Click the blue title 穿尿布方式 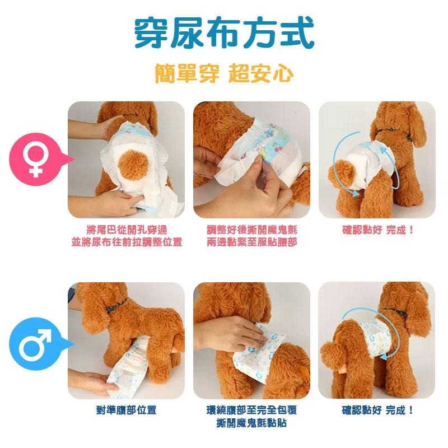(225, 33)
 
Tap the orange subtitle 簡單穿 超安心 (225, 73)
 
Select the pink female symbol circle (35, 160)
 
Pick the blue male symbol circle (35, 344)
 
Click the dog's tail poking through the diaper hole (133, 165)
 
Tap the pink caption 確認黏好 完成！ (377, 230)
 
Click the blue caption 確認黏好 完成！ (377, 410)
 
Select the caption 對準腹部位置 (127, 410)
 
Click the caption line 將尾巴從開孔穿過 (127, 230)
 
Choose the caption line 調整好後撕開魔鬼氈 (252, 230)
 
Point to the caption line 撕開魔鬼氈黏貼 (251, 423)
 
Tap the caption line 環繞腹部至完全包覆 (251, 410)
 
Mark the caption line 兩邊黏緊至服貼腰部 (252, 242)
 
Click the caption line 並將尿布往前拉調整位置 (127, 242)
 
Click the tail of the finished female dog (342, 174)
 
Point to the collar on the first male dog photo (116, 305)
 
